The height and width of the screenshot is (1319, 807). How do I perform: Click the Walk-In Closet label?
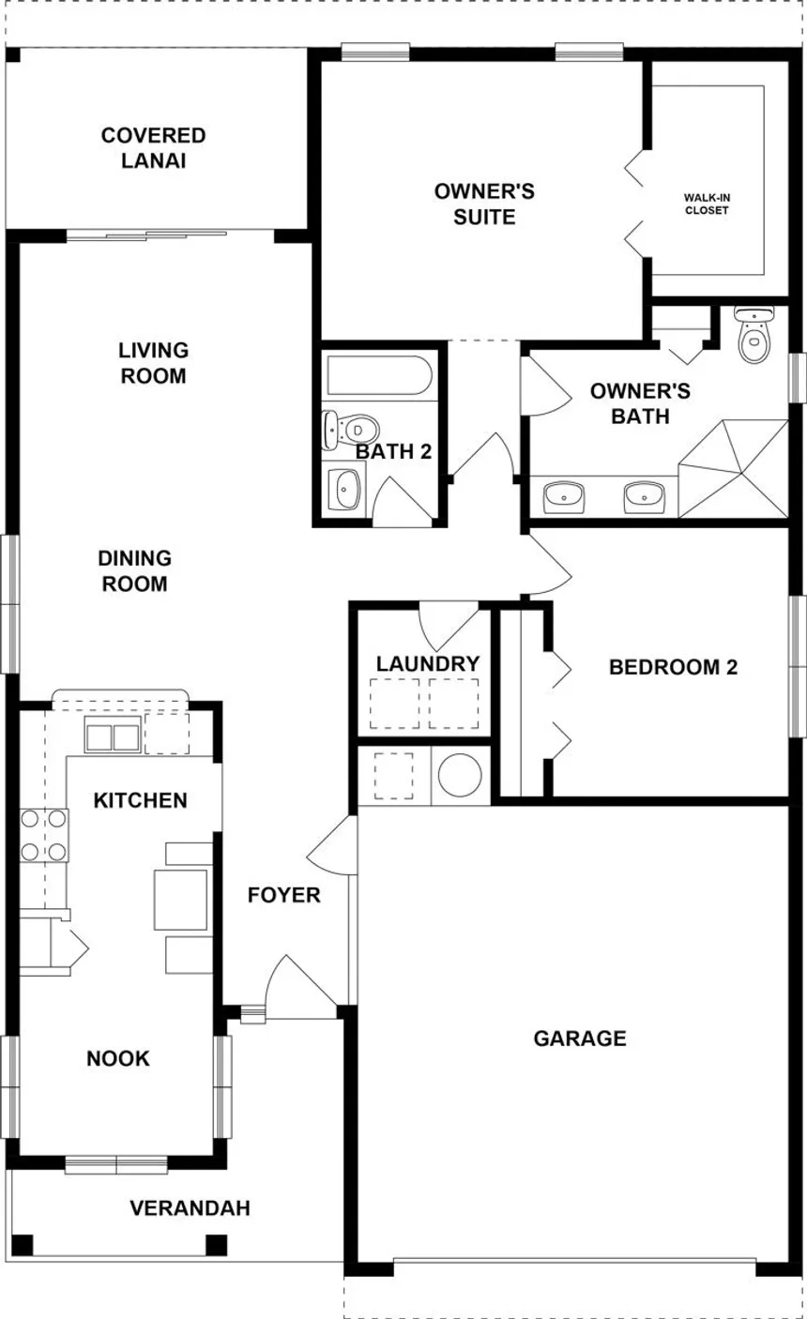(x=707, y=204)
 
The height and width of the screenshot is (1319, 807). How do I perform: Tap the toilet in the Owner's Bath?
(x=754, y=334)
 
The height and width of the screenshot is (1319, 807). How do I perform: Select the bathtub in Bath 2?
(x=380, y=375)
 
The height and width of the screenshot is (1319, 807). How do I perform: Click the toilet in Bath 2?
(x=350, y=430)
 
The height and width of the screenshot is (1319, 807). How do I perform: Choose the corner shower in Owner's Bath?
(x=734, y=468)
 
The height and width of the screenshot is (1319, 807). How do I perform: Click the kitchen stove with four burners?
(x=44, y=835)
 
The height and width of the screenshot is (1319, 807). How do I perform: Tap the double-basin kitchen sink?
(x=113, y=735)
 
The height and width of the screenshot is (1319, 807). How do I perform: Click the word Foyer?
(x=284, y=895)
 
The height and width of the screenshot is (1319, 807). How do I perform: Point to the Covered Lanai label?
(x=154, y=148)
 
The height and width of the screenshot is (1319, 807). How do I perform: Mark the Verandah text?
(x=190, y=1207)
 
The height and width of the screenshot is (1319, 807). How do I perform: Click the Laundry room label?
(x=428, y=663)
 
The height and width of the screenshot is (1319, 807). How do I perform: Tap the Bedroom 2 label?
(x=673, y=667)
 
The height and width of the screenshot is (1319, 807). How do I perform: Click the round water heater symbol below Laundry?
(x=460, y=775)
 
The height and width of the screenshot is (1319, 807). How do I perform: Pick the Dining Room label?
(x=135, y=570)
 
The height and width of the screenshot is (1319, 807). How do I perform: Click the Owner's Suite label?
(x=484, y=204)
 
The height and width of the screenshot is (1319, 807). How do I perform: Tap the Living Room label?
(x=153, y=363)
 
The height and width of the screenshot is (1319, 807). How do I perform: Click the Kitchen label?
(x=140, y=800)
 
